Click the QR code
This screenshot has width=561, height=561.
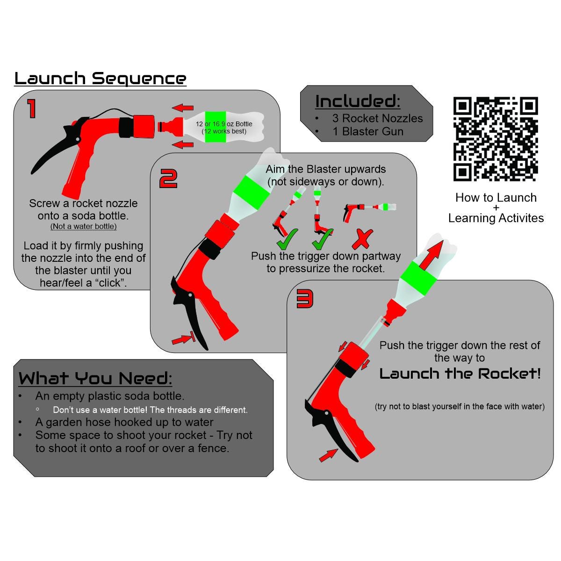(495, 139)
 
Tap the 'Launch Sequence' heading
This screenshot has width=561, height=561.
(101, 79)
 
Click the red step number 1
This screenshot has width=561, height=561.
(31, 108)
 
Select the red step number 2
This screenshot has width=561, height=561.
(168, 179)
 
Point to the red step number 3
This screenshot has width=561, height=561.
(304, 299)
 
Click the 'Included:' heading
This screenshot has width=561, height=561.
(358, 101)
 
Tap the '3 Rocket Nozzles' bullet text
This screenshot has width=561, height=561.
(377, 118)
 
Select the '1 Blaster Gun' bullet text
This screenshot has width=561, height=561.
(368, 131)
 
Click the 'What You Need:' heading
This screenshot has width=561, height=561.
(95, 378)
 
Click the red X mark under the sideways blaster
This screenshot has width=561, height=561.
(362, 239)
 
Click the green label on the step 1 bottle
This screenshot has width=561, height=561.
(216, 127)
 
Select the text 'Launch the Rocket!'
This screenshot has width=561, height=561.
(460, 374)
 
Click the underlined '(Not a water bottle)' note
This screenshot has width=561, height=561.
(84, 226)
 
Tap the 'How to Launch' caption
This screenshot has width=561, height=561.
(496, 198)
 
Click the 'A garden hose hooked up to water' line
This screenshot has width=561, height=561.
(124, 422)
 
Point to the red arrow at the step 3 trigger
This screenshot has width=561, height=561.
(328, 455)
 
